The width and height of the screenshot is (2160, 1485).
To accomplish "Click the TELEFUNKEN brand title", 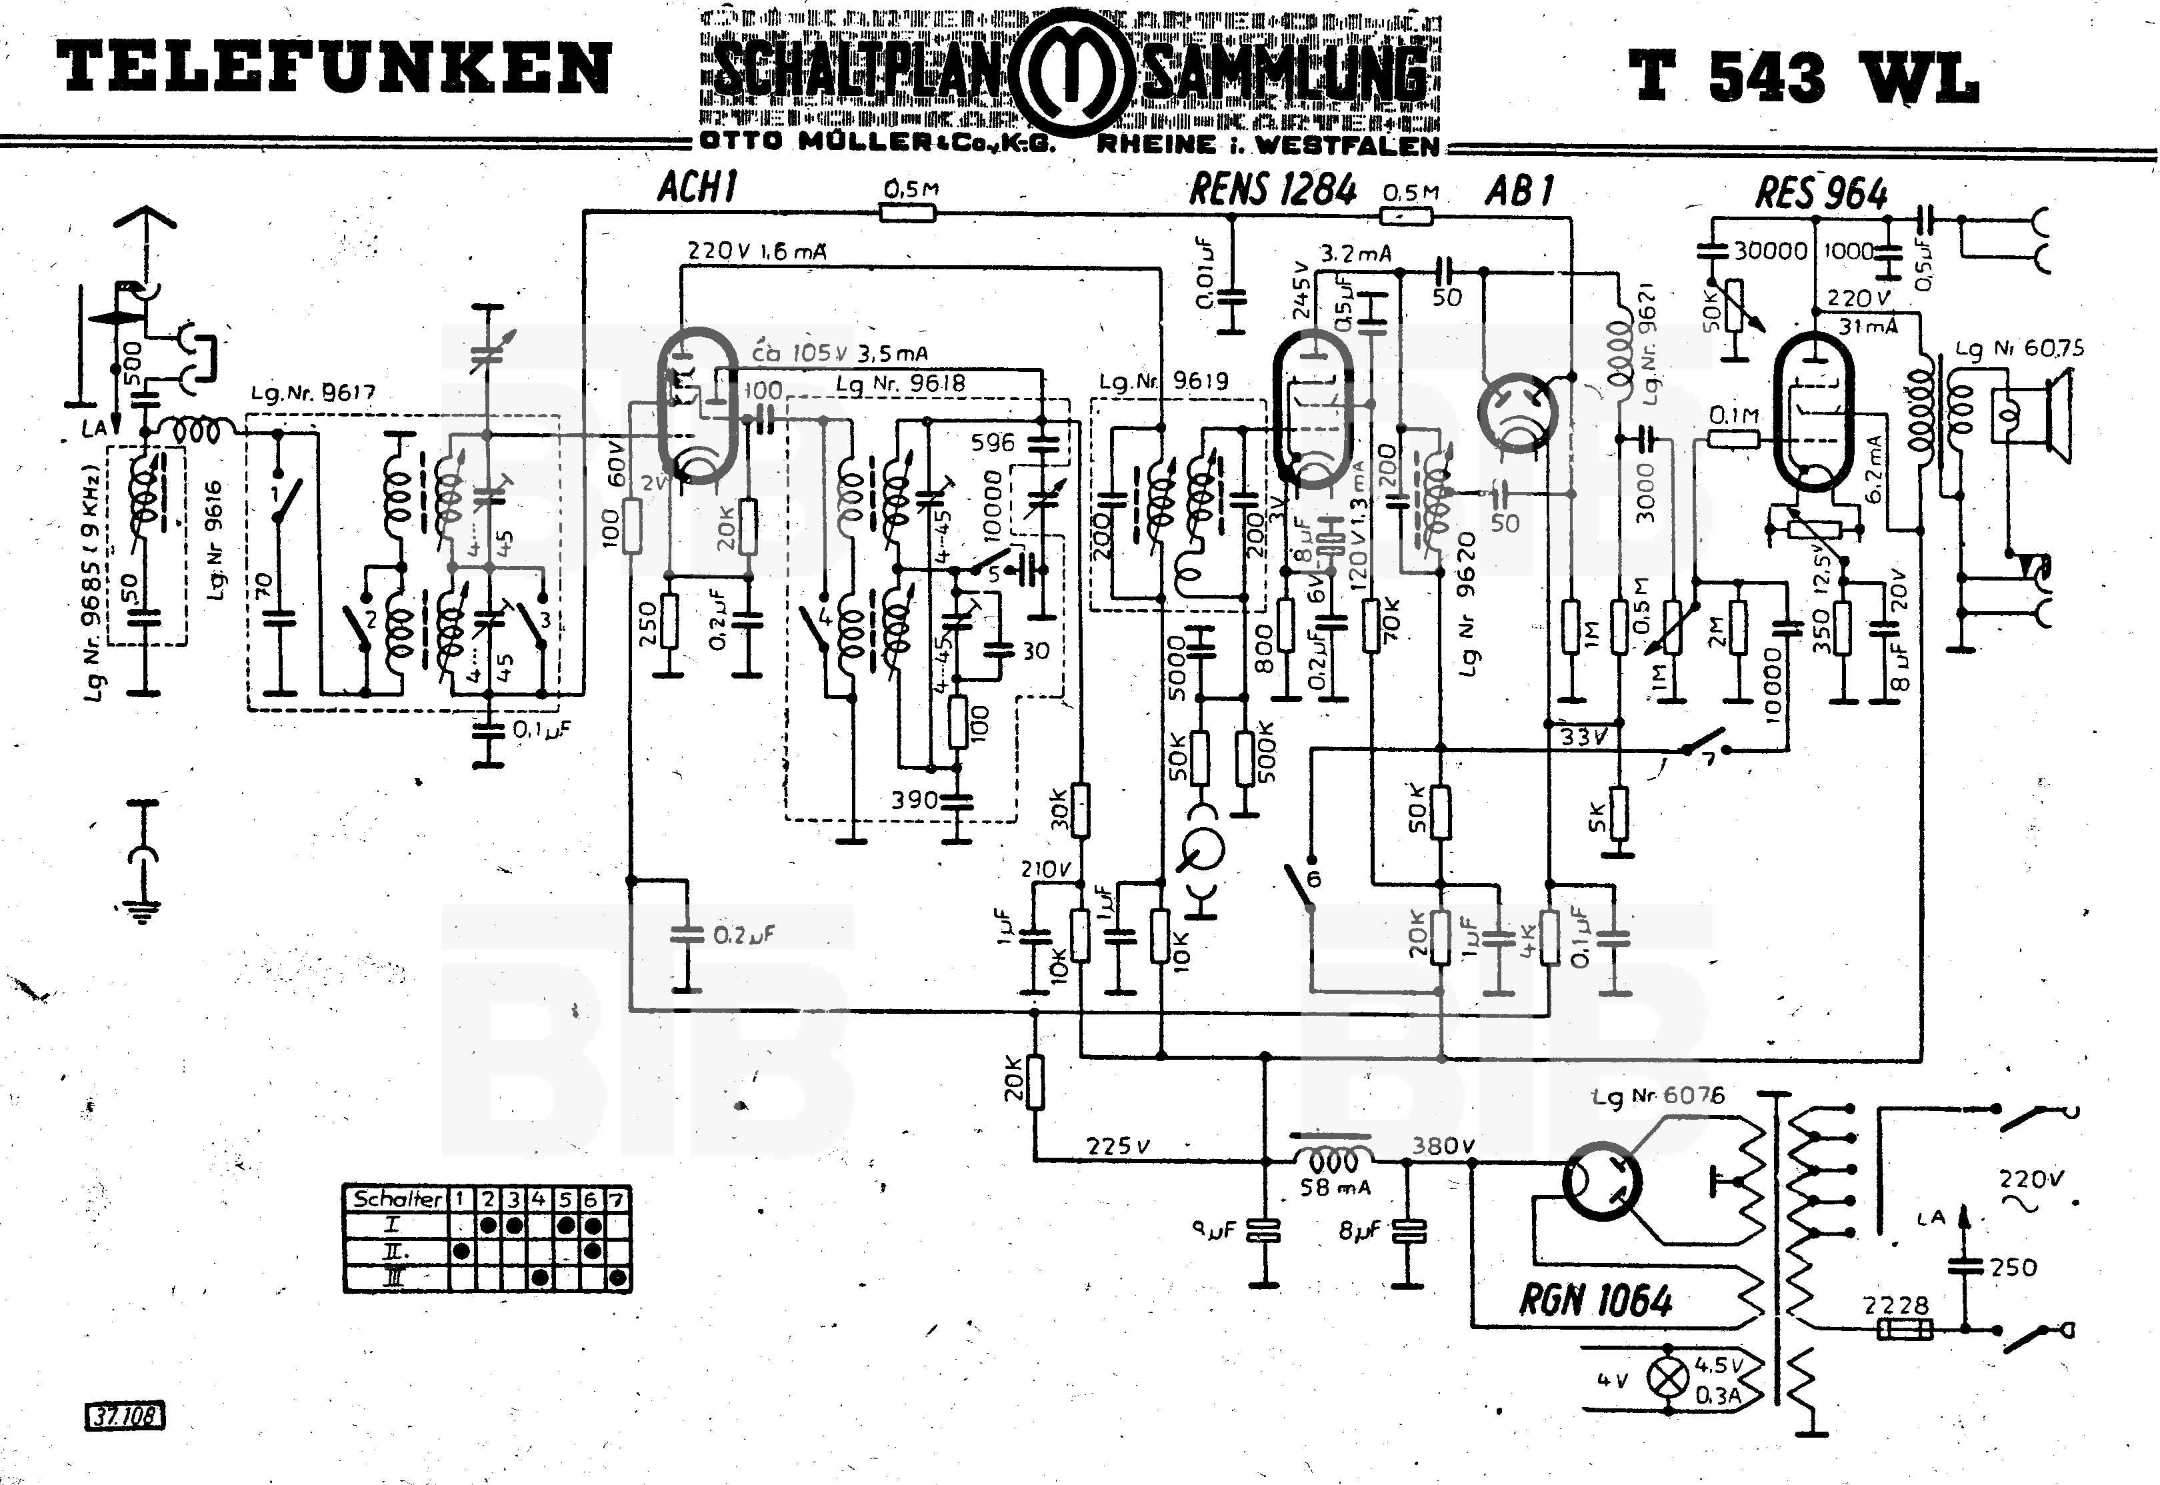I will pyautogui.click(x=333, y=68).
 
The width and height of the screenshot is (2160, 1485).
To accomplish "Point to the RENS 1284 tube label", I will pyautogui.click(x=1273, y=190).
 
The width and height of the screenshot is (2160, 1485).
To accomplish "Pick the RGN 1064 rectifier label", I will pyautogui.click(x=1595, y=1300).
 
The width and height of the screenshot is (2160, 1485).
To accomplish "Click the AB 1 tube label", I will pyautogui.click(x=1519, y=191).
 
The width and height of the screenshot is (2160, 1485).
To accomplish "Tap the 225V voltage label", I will pyautogui.click(x=1119, y=1146).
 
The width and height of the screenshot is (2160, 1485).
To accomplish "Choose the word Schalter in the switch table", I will pyautogui.click(x=397, y=1198).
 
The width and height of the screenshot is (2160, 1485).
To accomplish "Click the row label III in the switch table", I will pyautogui.click(x=395, y=1278).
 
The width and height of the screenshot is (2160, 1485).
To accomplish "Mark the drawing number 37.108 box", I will pyautogui.click(x=125, y=1417).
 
